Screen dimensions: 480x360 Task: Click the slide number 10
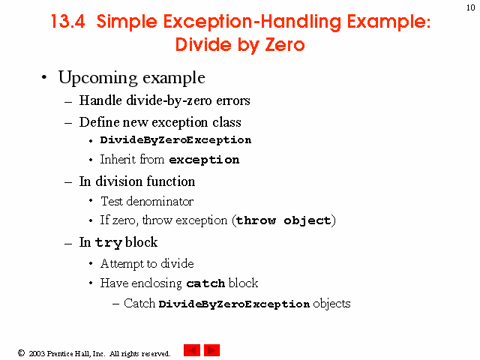tap(471, 7)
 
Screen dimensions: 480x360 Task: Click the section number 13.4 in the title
tap(67, 22)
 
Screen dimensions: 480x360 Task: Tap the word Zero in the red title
tap(285, 45)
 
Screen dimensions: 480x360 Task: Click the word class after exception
tap(226, 122)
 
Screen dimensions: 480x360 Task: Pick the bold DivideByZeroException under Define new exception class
tap(175, 140)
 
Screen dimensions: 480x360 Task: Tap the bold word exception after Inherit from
tap(204, 160)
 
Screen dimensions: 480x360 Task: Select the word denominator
tap(160, 202)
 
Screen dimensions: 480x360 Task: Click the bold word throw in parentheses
tap(256, 220)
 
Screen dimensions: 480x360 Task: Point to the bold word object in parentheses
tap(307, 220)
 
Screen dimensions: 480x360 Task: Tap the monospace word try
tap(109, 243)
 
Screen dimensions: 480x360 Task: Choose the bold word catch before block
tap(205, 283)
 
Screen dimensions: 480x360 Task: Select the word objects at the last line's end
tap(331, 304)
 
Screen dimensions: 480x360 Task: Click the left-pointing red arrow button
tap(192, 350)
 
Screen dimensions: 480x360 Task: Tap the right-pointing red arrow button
tap(211, 350)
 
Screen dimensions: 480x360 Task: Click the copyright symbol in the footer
tap(21, 353)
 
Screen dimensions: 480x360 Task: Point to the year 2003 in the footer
tap(37, 353)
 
